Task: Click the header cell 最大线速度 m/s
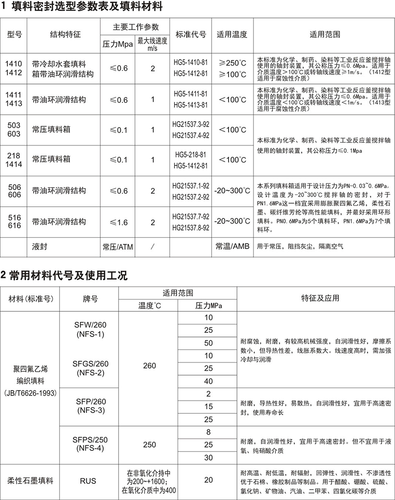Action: [x=152, y=45]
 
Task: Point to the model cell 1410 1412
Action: [x=13, y=68]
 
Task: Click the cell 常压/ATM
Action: [x=118, y=247]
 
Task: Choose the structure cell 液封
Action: [x=40, y=247]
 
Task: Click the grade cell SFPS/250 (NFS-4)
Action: [x=90, y=444]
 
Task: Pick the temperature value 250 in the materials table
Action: [x=149, y=444]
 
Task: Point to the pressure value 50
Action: [x=209, y=343]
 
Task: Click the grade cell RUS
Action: [x=88, y=481]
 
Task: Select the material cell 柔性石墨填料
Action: [x=30, y=481]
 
